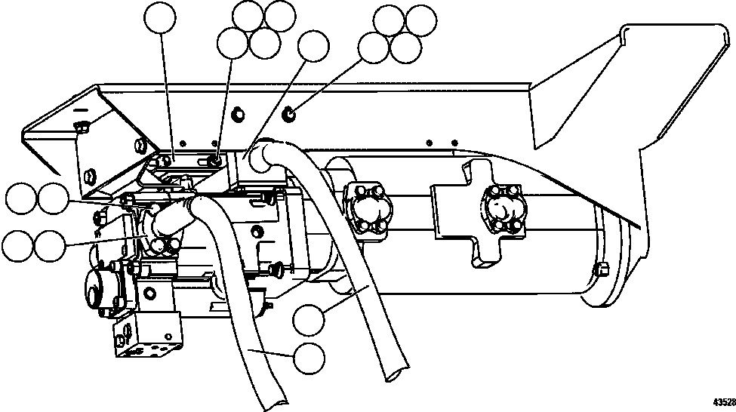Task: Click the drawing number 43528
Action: [x=723, y=401]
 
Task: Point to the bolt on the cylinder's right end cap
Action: [x=602, y=269]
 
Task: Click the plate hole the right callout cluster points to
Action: [x=291, y=115]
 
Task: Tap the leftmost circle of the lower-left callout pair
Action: [x=17, y=246]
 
